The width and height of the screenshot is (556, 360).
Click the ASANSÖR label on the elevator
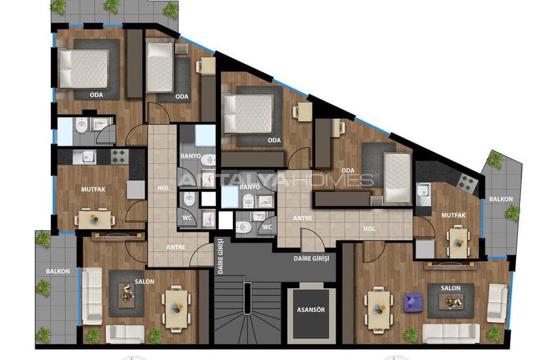[x=311, y=310]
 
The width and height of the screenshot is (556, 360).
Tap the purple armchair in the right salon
[x=413, y=302]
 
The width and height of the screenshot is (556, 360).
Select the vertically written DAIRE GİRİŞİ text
[x=220, y=255]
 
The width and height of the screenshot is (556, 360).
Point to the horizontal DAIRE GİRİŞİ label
[x=311, y=259]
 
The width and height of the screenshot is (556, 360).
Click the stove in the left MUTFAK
[x=120, y=156]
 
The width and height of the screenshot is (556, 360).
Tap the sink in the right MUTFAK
[x=424, y=194]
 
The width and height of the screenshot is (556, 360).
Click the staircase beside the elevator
[x=247, y=309]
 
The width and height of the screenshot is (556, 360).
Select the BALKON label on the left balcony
[x=58, y=272]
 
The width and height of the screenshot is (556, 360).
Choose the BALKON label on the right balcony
[x=500, y=199]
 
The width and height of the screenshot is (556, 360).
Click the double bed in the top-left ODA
[x=83, y=69]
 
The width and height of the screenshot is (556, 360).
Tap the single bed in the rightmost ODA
[x=397, y=177]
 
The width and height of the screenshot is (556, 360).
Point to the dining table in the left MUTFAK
[x=94, y=219]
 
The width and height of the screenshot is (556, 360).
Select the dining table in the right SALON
[x=379, y=310]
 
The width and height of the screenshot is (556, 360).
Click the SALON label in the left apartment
[x=145, y=281]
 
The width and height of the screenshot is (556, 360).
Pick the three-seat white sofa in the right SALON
[x=451, y=333]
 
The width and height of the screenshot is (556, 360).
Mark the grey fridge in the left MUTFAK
[x=136, y=190]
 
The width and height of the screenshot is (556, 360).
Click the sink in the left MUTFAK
[x=84, y=157]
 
